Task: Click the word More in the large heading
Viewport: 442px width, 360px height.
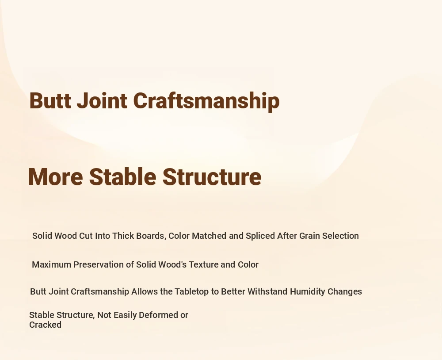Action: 56,177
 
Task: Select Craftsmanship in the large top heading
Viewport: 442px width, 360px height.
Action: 206,101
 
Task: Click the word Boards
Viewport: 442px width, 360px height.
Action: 151,236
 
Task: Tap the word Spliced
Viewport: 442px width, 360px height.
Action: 260,236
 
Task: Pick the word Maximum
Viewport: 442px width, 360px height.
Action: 52,264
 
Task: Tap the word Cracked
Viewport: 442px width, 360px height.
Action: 46,325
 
